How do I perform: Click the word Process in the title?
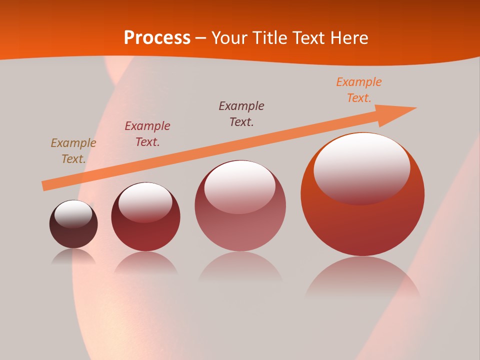[x=157, y=38]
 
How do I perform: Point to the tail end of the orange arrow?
[x=45, y=186]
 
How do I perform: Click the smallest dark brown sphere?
[x=73, y=232]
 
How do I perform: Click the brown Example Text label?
[x=73, y=151]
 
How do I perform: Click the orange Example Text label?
[x=359, y=90]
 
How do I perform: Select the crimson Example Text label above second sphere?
[x=147, y=134]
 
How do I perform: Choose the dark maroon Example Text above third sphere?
[x=241, y=114]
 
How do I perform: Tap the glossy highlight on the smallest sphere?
[x=73, y=213]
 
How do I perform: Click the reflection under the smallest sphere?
[x=73, y=257]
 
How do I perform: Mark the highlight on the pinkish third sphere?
[x=239, y=186]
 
